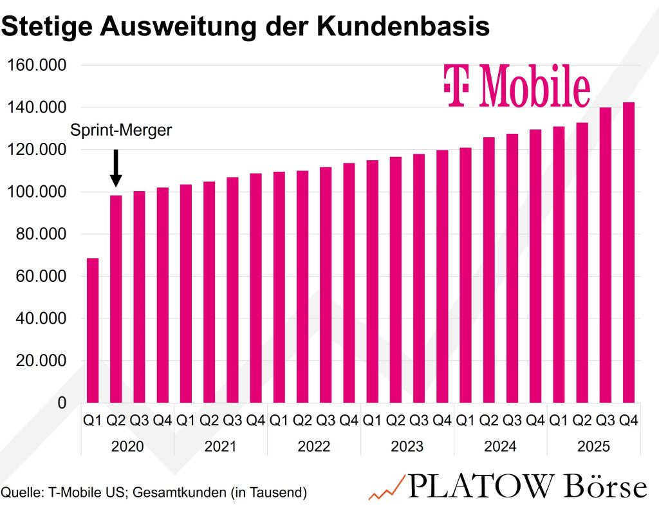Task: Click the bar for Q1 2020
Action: (x=93, y=330)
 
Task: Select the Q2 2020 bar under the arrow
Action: (x=116, y=299)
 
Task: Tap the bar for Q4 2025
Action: (x=628, y=252)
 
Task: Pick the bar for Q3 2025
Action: (x=605, y=255)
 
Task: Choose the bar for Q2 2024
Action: (x=488, y=270)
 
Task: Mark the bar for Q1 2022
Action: (x=279, y=287)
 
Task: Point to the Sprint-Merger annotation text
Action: (x=121, y=130)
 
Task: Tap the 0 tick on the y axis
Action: (x=62, y=403)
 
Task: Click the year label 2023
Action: (x=407, y=447)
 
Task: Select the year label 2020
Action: (x=127, y=447)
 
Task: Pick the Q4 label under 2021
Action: (x=255, y=421)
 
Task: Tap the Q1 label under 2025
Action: (x=558, y=421)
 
